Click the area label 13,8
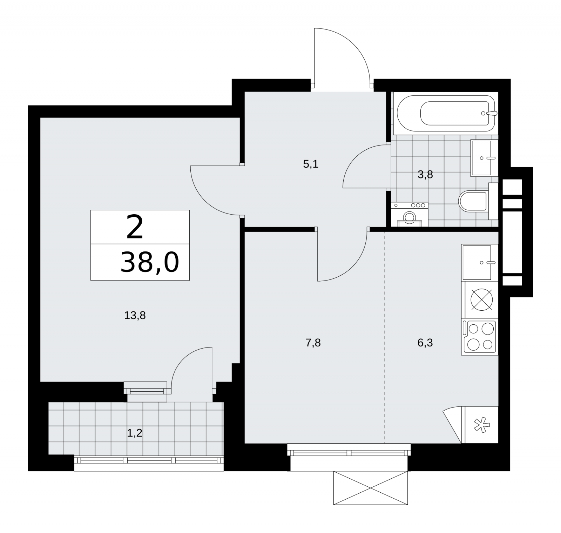(135, 316)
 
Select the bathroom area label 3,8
(425, 174)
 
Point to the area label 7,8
(313, 343)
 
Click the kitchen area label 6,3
(425, 343)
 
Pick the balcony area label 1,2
(135, 433)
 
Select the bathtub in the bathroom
(446, 113)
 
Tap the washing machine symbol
(409, 215)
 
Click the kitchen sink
(480, 262)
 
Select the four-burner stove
(480, 336)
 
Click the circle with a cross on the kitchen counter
(482, 300)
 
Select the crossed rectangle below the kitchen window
(371, 488)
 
